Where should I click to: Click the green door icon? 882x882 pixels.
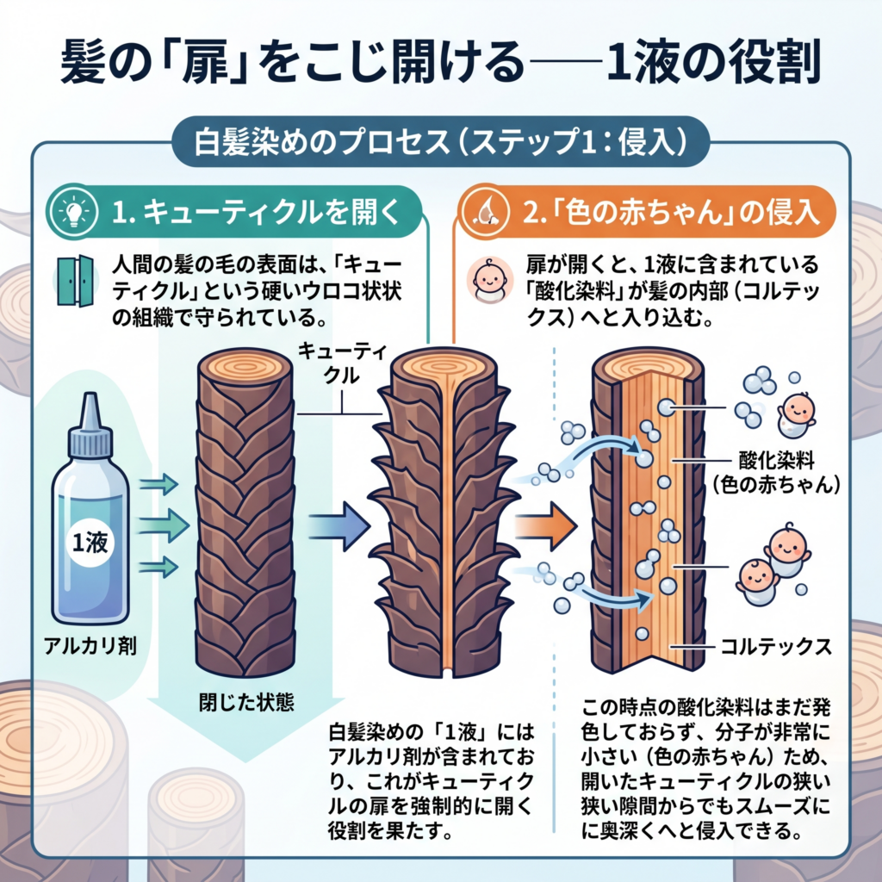(x=74, y=282)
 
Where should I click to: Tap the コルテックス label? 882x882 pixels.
(x=773, y=647)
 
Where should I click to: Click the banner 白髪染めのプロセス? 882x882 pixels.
(x=441, y=140)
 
